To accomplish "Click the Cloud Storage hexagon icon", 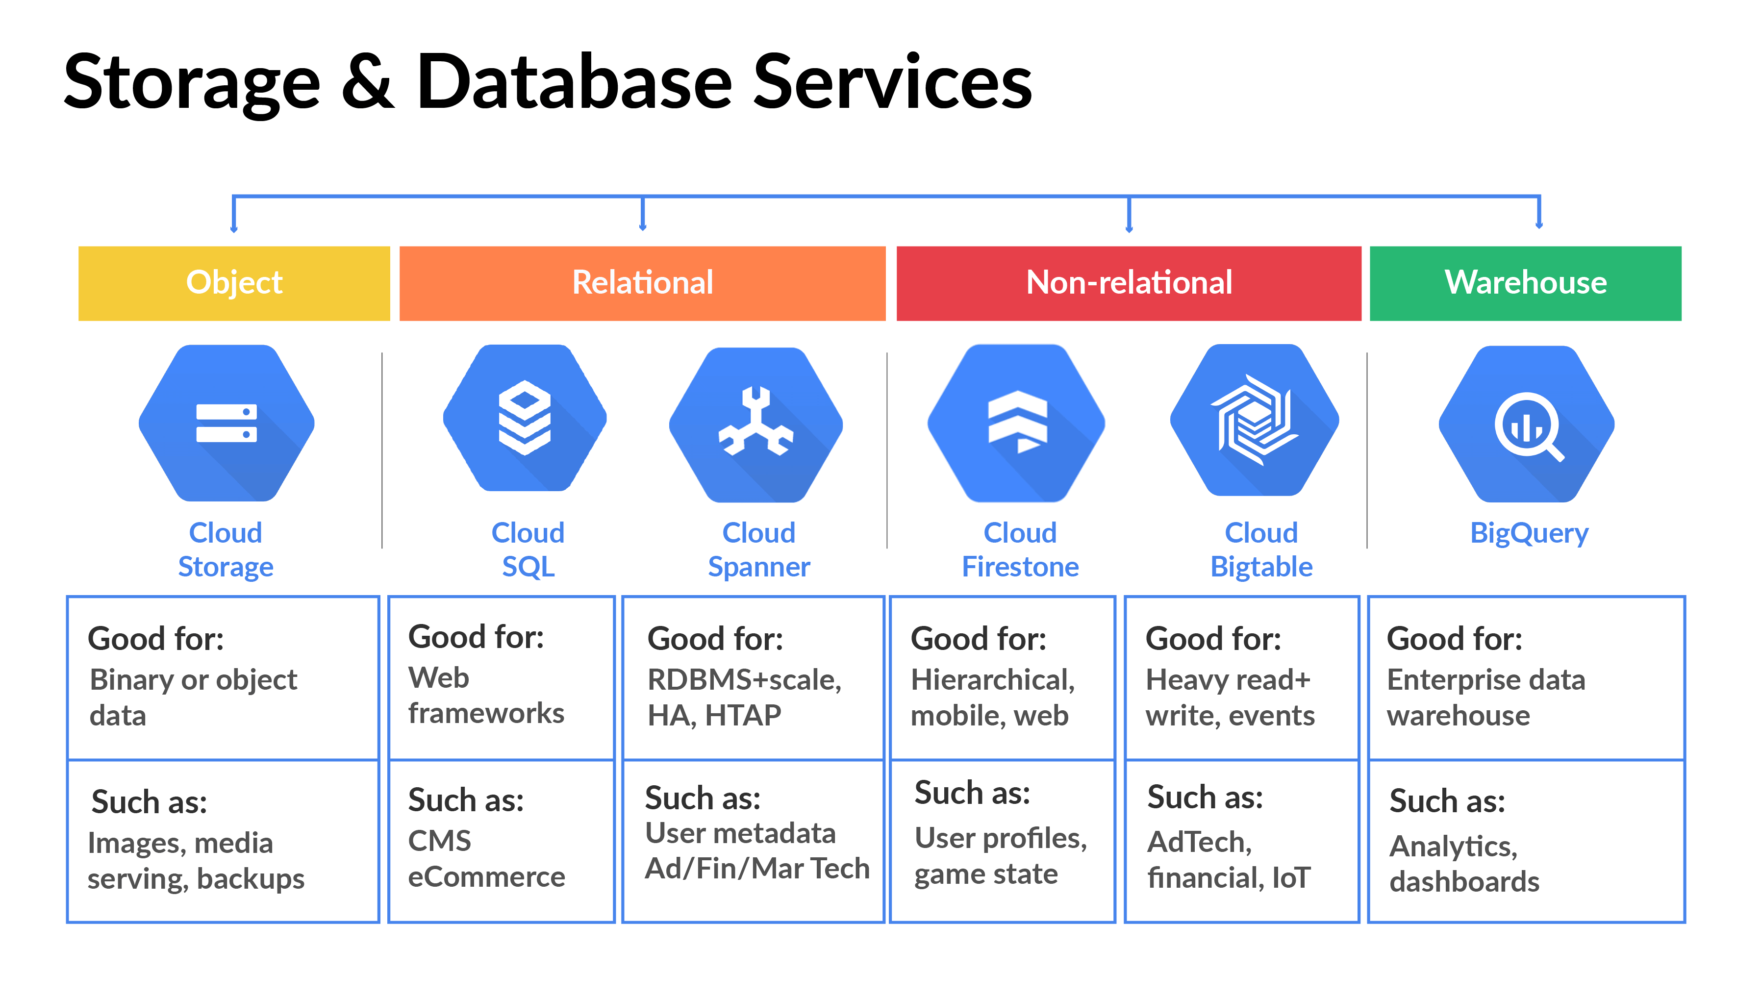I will [226, 423].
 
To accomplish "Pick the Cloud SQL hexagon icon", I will [525, 418].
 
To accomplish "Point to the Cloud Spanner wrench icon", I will [756, 424].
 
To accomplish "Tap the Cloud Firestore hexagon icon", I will [1017, 423].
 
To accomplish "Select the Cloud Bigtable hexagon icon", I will [1255, 420].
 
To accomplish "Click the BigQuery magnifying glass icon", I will [1527, 425].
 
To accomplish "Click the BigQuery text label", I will [1529, 533].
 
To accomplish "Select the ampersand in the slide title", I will [368, 82].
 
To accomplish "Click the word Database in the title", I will [575, 82].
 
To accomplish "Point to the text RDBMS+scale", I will [744, 680].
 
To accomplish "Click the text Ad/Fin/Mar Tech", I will [757, 869].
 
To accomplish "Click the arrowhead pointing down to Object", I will [234, 229].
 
